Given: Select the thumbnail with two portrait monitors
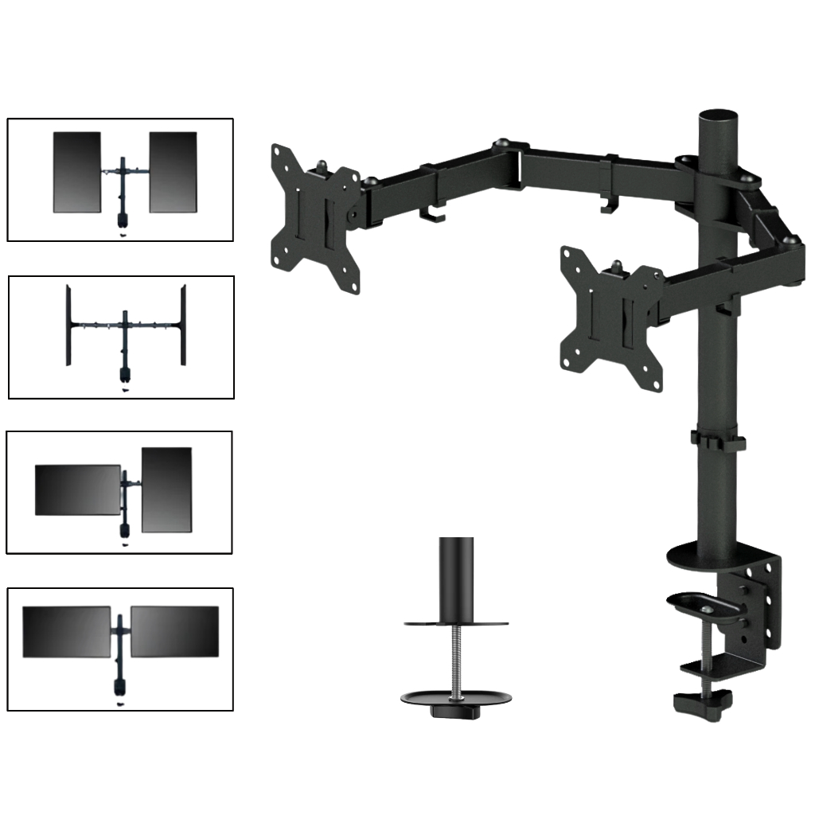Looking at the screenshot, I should pyautogui.click(x=120, y=179).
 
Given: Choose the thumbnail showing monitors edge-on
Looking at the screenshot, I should pyautogui.click(x=121, y=337).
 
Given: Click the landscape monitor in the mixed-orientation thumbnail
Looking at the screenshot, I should pyautogui.click(x=77, y=489).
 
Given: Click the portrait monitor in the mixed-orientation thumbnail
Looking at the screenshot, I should pyautogui.click(x=166, y=489).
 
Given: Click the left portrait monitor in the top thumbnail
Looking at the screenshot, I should pyautogui.click(x=77, y=172).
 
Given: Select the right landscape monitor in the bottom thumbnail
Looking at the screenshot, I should pyautogui.click(x=174, y=632).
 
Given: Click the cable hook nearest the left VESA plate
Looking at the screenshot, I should pyautogui.click(x=430, y=213).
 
